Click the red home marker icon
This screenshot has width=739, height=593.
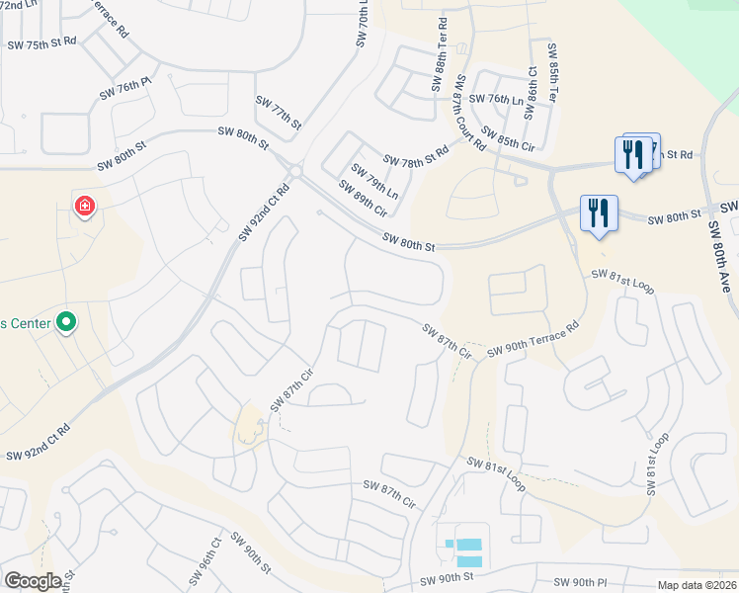pyautogui.click(x=85, y=208)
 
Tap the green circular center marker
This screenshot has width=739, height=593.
pyautogui.click(x=66, y=322)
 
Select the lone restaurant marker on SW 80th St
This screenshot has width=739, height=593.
pyautogui.click(x=599, y=213)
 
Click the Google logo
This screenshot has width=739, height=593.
pyautogui.click(x=33, y=581)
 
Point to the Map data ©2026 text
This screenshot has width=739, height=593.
pyautogui.click(x=698, y=585)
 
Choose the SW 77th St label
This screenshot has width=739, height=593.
pyautogui.click(x=278, y=110)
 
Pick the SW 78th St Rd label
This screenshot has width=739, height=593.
pyautogui.click(x=416, y=156)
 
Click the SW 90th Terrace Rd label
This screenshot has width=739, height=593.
pyautogui.click(x=530, y=341)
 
